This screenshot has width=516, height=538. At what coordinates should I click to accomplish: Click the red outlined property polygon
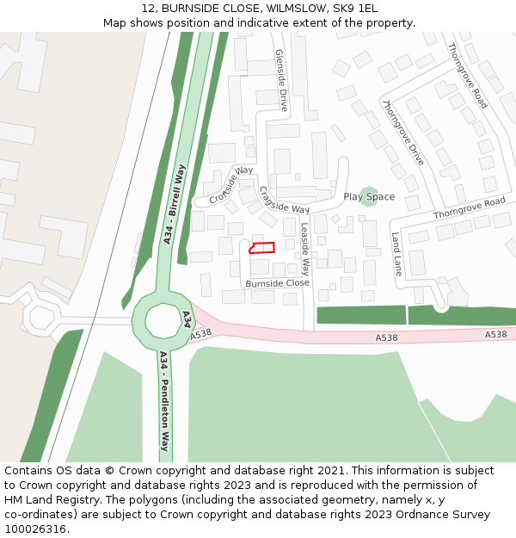point(261,248)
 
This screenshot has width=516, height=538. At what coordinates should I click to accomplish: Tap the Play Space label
point(369,197)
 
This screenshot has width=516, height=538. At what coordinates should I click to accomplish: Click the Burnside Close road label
point(277,282)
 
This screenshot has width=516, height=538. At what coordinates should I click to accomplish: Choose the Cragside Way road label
point(283,201)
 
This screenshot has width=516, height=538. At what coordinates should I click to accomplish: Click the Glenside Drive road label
point(281,80)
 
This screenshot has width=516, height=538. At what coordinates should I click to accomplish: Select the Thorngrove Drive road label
point(402,132)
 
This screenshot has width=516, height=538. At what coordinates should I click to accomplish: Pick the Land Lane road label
point(396,254)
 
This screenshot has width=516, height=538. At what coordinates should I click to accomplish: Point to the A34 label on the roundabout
point(186,320)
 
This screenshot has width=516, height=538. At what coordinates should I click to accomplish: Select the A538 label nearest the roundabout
point(201,333)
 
